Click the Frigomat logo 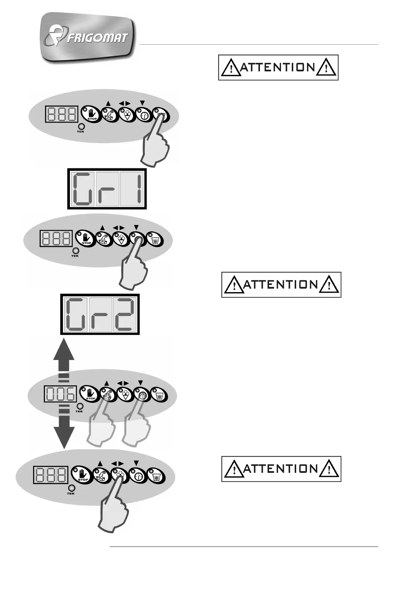tap(88, 38)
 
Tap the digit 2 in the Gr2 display tap(125, 314)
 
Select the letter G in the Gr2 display tap(77, 314)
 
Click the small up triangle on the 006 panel tap(107, 383)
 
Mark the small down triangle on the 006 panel tap(141, 383)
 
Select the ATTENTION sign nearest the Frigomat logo tap(278, 67)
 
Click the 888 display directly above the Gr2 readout tap(56, 239)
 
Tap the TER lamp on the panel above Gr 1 tap(81, 127)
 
